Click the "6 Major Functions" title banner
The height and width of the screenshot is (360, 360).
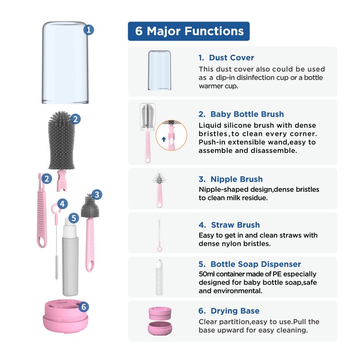(x=189, y=31)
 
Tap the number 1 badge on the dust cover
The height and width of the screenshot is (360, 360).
(x=89, y=30)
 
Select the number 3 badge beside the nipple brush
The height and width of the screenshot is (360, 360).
(x=97, y=195)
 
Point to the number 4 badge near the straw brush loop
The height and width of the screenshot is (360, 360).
(x=63, y=204)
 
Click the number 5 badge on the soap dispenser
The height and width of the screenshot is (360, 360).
(x=74, y=218)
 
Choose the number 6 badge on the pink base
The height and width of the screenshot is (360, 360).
(x=84, y=307)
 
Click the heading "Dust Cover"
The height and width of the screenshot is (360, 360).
(x=231, y=58)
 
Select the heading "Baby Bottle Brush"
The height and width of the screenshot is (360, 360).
(x=247, y=114)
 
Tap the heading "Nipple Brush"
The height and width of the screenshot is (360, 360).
(x=237, y=179)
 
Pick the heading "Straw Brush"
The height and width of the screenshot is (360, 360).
(x=235, y=225)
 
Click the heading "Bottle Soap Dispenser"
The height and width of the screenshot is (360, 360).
(x=256, y=264)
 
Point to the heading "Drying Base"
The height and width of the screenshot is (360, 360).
(x=235, y=311)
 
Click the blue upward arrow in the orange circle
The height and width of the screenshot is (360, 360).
(x=164, y=139)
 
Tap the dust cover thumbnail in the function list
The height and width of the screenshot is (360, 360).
(x=160, y=70)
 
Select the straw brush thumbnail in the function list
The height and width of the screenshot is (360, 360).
(x=159, y=234)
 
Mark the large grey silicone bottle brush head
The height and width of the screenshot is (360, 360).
(x=62, y=140)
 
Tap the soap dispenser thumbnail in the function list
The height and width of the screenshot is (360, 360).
(x=159, y=277)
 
